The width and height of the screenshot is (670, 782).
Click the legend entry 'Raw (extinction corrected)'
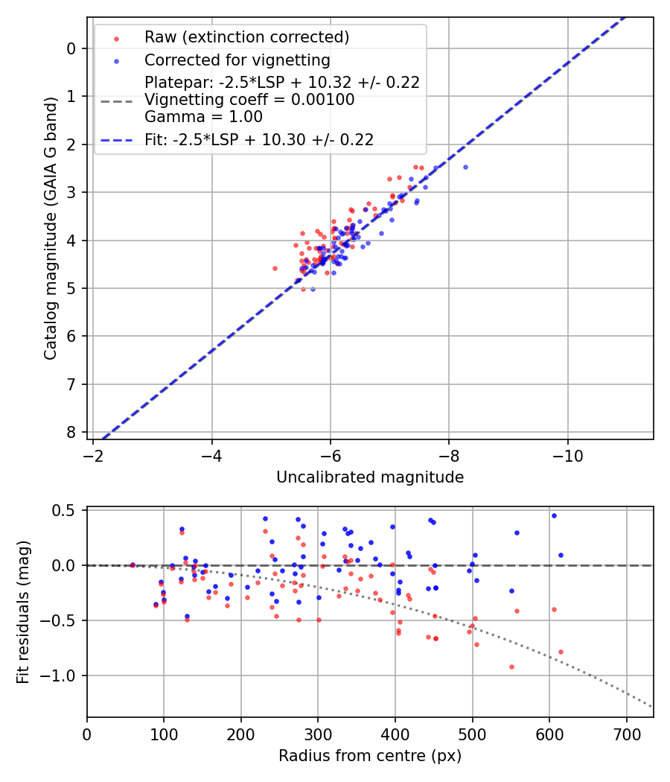click(246, 37)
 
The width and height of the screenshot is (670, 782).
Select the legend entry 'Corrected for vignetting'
click(237, 60)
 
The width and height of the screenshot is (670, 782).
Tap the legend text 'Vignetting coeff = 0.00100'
click(249, 100)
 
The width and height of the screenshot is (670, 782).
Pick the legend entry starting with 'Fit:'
click(259, 139)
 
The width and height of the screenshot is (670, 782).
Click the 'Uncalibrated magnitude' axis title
click(370, 477)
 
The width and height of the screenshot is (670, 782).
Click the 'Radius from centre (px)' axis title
click(370, 756)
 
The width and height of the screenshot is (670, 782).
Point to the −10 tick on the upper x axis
click(568, 454)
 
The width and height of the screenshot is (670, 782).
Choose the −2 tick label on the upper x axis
click(93, 454)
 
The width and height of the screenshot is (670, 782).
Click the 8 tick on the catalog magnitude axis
click(71, 432)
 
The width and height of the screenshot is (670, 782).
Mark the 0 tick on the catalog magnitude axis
click(71, 48)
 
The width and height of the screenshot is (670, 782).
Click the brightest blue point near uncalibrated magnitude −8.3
click(465, 167)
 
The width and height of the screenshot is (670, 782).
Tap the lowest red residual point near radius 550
click(511, 667)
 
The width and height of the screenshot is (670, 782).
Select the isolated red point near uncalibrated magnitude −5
click(275, 268)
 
